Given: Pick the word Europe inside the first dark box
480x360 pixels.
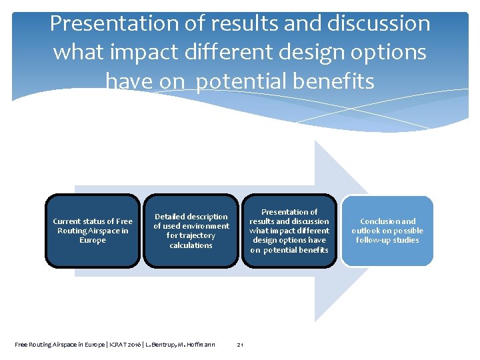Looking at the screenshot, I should coord(93,240).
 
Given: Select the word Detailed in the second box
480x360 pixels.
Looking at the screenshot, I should coord(169,217).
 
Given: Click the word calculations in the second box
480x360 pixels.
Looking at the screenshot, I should coord(191,245).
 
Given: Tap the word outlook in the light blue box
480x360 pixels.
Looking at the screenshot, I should coord(368,231).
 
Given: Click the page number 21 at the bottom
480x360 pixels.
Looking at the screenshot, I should coord(240,345).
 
